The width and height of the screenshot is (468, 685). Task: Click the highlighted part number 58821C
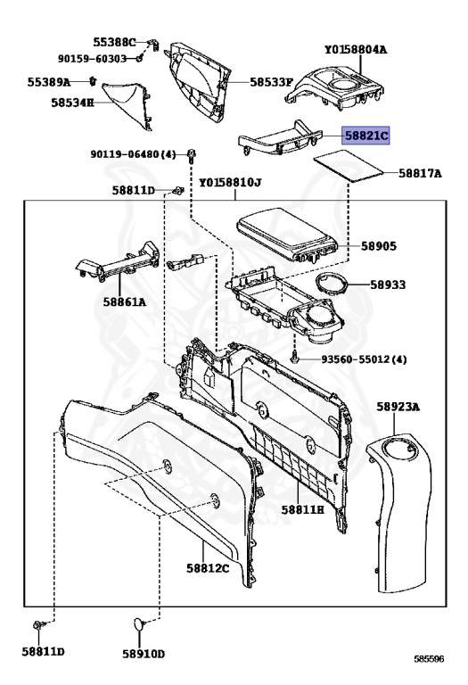pos(365,136)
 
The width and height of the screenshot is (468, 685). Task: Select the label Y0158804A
pos(356,49)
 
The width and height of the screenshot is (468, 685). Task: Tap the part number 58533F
pos(271,82)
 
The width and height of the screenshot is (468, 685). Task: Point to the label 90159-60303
pos(92,59)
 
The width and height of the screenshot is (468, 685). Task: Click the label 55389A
pos(49,82)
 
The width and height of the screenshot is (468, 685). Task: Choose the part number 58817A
pos(420,173)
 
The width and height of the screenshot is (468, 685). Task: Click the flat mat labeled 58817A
pos(349,166)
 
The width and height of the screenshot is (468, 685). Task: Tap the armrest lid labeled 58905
pos(287,235)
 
